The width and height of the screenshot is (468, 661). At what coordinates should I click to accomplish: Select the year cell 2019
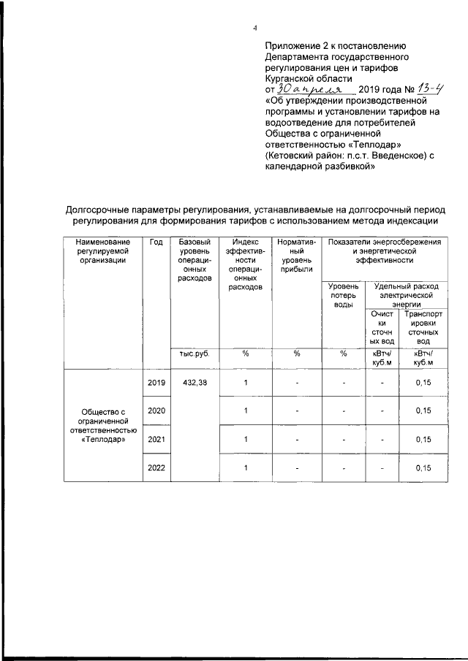pos(156,383)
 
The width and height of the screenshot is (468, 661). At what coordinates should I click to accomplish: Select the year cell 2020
pos(156,410)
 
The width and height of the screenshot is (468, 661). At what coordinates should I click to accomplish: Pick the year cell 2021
pos(156,439)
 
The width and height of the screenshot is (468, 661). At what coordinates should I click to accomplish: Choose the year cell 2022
pos(156,467)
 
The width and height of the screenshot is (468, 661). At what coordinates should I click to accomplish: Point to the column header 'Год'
pos(156,242)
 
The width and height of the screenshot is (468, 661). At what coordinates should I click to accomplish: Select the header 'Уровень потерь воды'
pos(343,295)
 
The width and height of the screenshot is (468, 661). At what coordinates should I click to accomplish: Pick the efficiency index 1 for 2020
pos(246,410)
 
